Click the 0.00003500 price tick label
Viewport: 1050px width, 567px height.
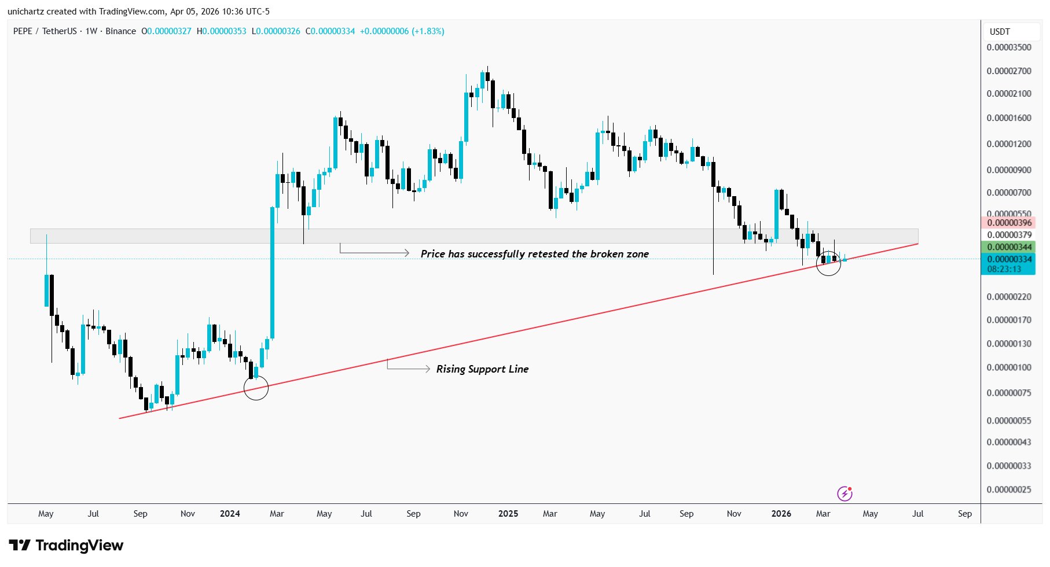click(1009, 47)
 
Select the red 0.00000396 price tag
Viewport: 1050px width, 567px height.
click(1009, 223)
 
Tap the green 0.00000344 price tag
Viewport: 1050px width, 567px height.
click(1009, 247)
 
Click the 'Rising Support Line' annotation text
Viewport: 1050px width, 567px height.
click(482, 369)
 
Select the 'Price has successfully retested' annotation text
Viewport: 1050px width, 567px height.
click(534, 254)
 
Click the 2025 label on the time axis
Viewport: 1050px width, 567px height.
click(508, 514)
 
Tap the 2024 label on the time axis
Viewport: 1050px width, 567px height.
click(230, 514)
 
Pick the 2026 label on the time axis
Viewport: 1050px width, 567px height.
click(781, 514)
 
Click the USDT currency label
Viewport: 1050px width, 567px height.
click(1000, 32)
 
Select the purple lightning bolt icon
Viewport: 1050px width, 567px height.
click(845, 494)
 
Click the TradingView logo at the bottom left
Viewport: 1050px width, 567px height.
click(67, 546)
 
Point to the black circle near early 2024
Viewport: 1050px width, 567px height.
click(256, 388)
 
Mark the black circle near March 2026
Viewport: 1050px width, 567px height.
click(828, 263)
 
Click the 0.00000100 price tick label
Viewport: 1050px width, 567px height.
click(1009, 367)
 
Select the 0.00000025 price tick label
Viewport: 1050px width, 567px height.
click(1009, 489)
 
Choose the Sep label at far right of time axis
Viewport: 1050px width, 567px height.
click(964, 514)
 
